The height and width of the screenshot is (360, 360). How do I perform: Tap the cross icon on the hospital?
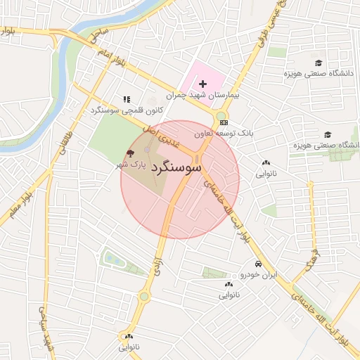coord(203,84)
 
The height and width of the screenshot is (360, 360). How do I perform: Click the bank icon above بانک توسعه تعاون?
coord(224,123)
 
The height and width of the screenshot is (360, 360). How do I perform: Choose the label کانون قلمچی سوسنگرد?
coord(127,110)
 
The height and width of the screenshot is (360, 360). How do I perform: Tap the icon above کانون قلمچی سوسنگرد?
coord(127,100)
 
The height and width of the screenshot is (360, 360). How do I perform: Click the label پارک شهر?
coord(131,165)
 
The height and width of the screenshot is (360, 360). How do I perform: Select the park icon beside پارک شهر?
coord(130,153)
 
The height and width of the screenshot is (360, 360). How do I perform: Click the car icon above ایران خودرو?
coord(258,264)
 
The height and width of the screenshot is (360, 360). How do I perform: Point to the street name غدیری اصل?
coord(161,136)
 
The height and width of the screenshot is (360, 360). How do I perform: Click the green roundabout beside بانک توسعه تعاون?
coord(221,116)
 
